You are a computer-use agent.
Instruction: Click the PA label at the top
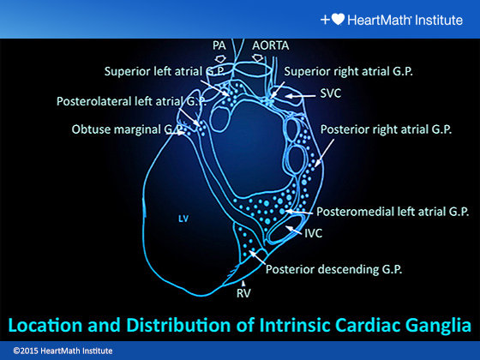click(219, 45)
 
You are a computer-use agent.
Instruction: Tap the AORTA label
click(272, 45)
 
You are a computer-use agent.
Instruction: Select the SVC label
click(329, 94)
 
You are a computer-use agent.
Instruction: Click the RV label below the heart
click(243, 291)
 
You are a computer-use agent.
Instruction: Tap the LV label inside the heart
click(183, 219)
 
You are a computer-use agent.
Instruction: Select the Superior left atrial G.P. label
click(159, 72)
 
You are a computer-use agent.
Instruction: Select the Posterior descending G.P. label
click(334, 268)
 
